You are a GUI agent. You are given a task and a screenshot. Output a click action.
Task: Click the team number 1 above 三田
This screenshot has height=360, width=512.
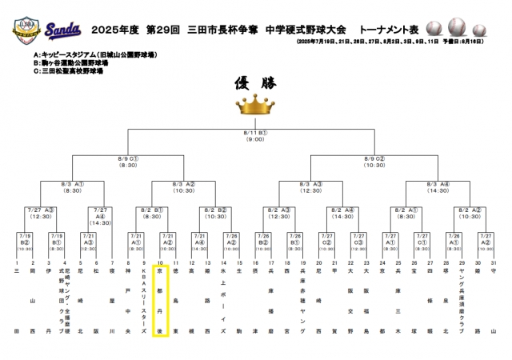point(17,262)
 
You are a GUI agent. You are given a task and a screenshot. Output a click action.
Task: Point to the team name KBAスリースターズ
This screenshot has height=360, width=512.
point(144,301)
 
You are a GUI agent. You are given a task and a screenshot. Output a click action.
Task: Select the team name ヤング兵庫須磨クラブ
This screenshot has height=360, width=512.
point(462,301)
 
